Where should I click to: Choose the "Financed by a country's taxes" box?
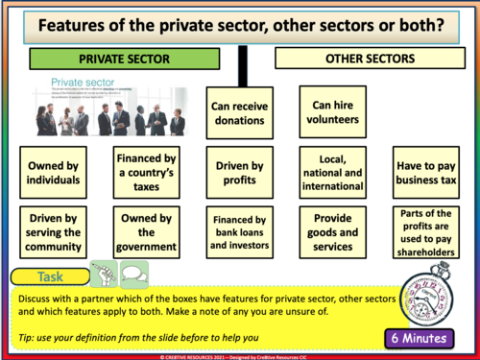143,170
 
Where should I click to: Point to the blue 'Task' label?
51,276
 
